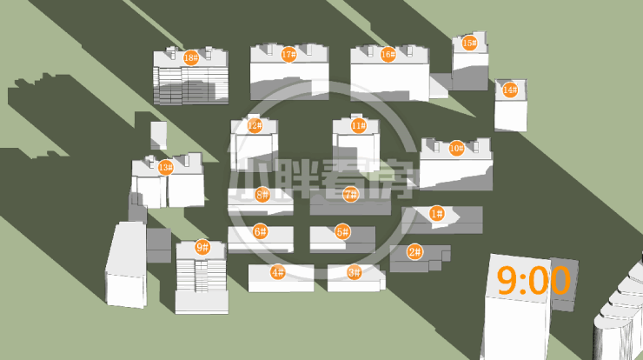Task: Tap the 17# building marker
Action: tap(289, 54)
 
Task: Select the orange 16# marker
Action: tap(388, 54)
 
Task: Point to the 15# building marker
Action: tap(469, 43)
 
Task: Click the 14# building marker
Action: tap(510, 90)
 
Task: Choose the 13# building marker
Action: tap(165, 167)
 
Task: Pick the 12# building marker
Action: tap(255, 125)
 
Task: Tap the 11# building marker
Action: tap(358, 125)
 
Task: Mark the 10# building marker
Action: tap(456, 149)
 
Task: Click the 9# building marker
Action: tap(202, 247)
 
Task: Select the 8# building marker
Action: tap(262, 195)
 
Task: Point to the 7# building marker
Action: tap(350, 195)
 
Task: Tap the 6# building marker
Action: tap(260, 231)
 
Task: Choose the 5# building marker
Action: tap(342, 232)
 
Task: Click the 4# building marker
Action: tap(277, 272)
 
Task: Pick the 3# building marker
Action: tap(354, 272)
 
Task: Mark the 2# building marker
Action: tap(414, 252)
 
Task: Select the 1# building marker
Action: tap(436, 213)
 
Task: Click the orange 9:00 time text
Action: tap(534, 281)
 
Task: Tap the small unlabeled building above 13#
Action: tap(158, 134)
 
